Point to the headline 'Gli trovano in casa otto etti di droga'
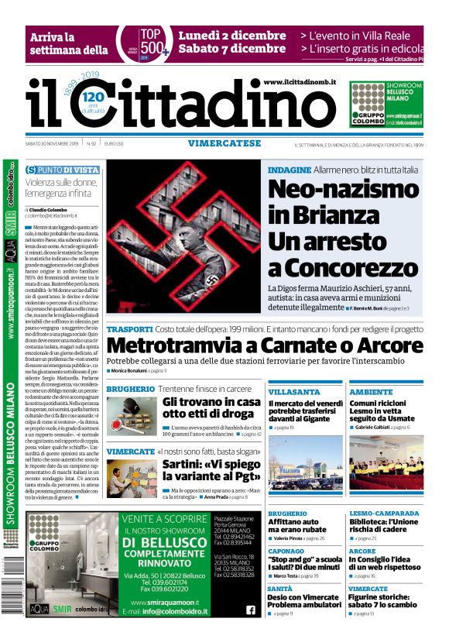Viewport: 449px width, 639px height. pos(211,408)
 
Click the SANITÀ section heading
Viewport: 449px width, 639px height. pos(280,588)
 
